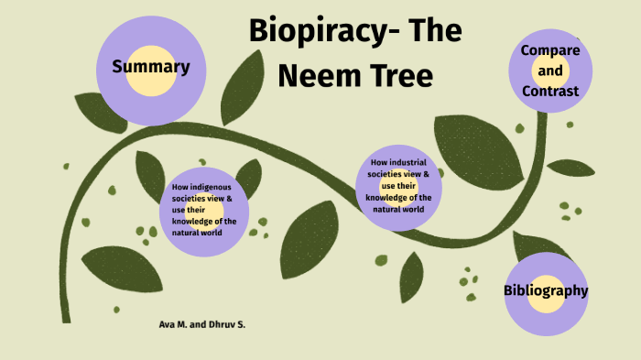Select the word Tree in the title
398,75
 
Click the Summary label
150,66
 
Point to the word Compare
550,49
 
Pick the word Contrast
550,91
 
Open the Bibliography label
546,290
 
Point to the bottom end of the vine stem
66,319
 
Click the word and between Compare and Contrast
550,71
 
